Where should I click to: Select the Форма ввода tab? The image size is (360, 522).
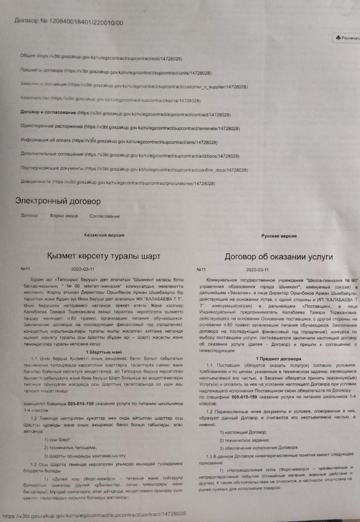[64, 216]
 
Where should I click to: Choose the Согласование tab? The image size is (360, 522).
[105, 217]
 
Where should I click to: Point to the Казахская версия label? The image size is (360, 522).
[104, 235]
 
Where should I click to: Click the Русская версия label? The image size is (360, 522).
[279, 236]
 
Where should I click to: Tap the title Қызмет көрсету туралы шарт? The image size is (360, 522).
[104, 256]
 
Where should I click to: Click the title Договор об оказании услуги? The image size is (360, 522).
[279, 257]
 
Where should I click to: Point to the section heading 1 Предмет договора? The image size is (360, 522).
[279, 358]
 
